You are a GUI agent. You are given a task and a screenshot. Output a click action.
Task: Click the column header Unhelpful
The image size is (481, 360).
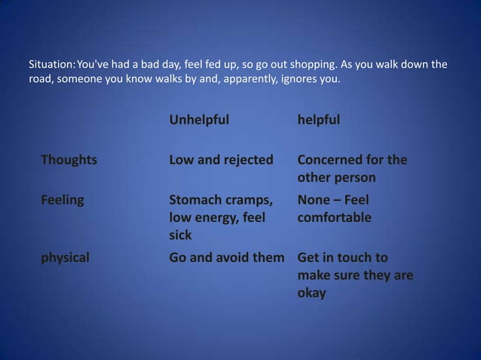point(199,120)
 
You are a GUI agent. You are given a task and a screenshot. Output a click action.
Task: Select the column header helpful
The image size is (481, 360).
point(319,120)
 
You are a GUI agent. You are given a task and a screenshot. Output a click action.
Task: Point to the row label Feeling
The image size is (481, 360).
point(63,200)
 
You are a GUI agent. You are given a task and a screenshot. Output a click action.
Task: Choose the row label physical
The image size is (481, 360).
point(65,257)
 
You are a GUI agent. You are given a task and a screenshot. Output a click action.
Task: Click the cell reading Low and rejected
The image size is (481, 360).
point(221,160)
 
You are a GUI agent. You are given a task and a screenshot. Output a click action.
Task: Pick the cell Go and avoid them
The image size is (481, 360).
point(227,257)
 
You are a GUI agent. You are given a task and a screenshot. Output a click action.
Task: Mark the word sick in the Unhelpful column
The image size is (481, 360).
point(180,236)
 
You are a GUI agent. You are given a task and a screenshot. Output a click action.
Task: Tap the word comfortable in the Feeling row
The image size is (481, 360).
point(335,218)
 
